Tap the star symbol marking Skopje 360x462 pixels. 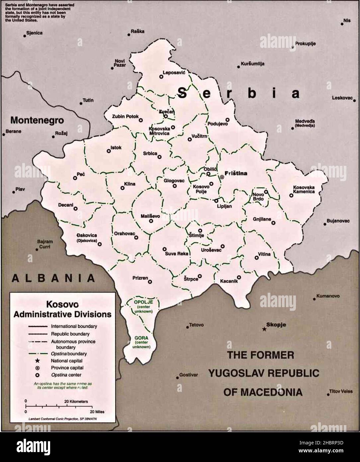point(264,329)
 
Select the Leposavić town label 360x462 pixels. point(173,72)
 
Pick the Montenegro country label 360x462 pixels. point(37,120)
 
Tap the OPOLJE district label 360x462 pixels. point(143,301)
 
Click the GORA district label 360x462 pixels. point(141,338)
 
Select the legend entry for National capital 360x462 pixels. point(66,361)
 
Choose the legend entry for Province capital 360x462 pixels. point(67,368)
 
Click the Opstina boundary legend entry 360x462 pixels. point(69,354)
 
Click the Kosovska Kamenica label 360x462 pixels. point(304,189)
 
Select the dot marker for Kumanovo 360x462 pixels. point(314,299)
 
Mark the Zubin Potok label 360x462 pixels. point(125,117)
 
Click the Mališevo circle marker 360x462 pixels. point(151,221)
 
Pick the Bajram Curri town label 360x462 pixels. point(45,244)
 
